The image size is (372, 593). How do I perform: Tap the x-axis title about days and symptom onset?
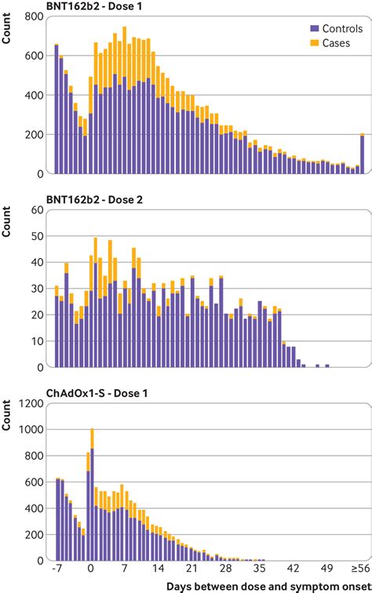point(266,586)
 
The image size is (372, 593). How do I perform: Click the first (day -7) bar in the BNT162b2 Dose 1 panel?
point(57,109)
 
